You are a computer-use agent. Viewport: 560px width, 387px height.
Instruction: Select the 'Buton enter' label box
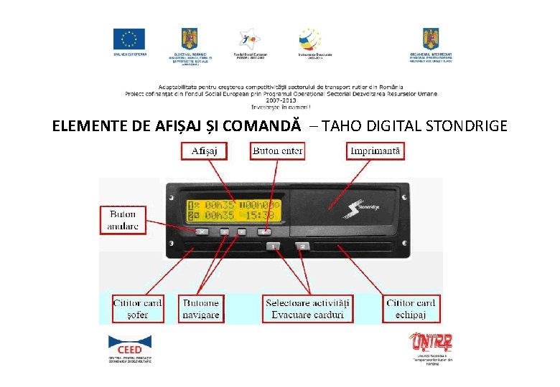tap(278, 151)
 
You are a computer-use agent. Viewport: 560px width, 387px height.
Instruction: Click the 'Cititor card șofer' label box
tap(138, 309)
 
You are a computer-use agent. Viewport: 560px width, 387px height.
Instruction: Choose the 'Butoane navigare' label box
tap(201, 309)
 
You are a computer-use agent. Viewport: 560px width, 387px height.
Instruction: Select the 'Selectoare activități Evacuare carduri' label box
tap(309, 309)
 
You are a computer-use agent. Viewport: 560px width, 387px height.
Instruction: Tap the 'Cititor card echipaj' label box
tap(410, 309)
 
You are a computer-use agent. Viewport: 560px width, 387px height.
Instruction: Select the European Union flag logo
tap(129, 39)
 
